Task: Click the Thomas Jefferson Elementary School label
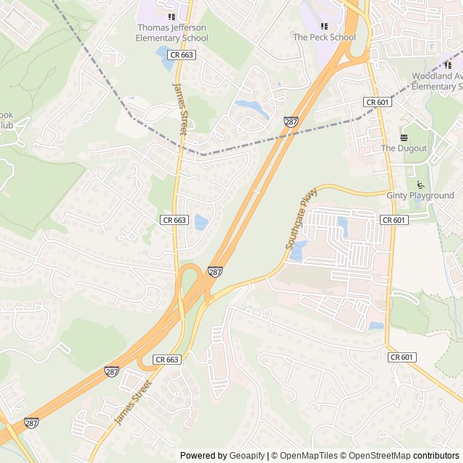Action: (171, 33)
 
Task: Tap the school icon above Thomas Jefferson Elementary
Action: (171, 17)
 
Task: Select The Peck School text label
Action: (324, 37)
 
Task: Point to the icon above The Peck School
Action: (324, 26)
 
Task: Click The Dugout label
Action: (404, 148)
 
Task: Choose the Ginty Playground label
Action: (420, 195)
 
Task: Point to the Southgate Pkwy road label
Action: (297, 226)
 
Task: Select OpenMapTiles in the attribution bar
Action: (310, 456)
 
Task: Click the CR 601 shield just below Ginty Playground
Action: (393, 220)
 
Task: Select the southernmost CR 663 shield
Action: (166, 359)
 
